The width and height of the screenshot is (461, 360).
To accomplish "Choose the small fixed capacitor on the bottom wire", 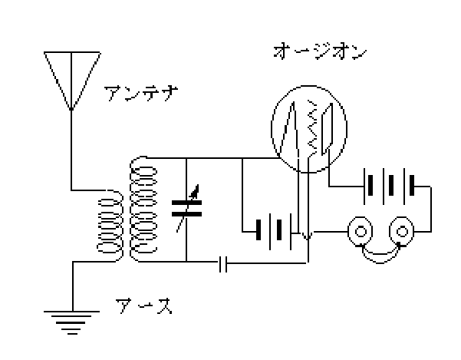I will tap(222, 264).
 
